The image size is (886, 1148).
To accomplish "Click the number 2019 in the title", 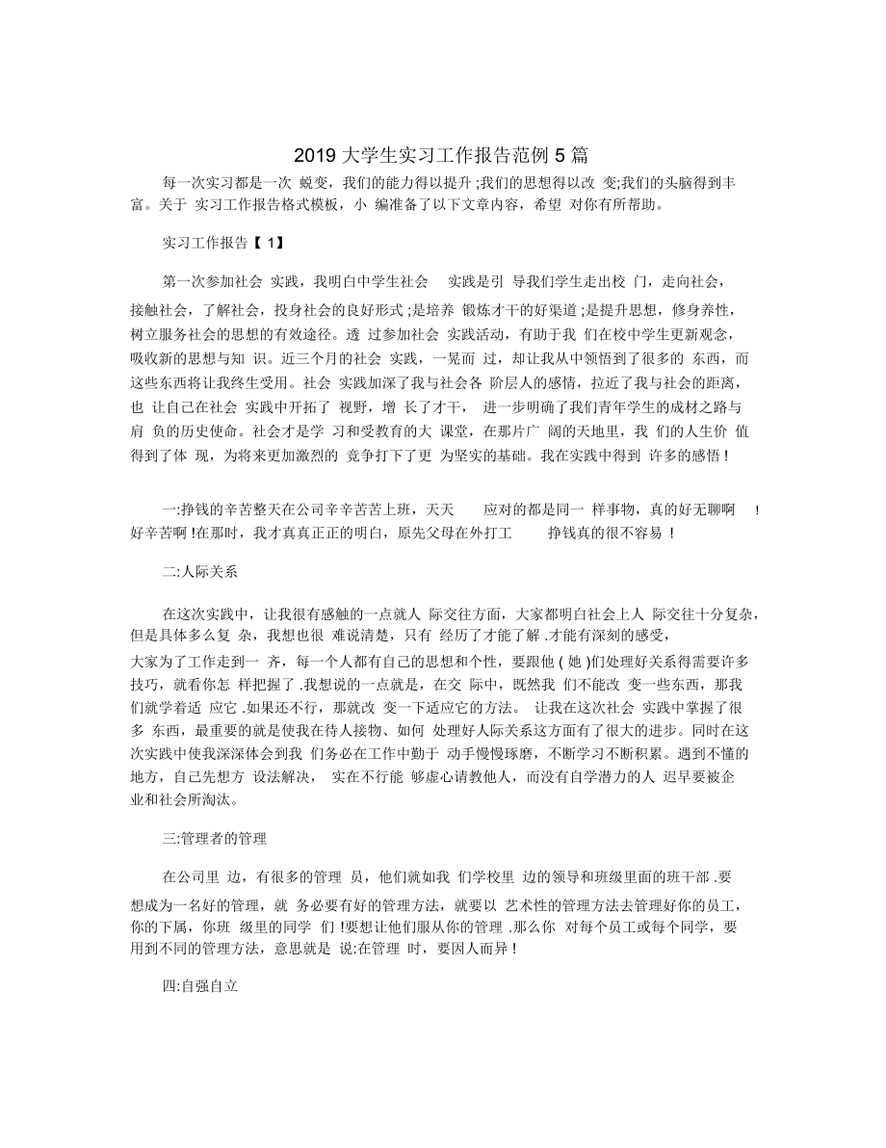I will click(310, 155).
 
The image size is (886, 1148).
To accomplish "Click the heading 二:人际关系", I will click(201, 570).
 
